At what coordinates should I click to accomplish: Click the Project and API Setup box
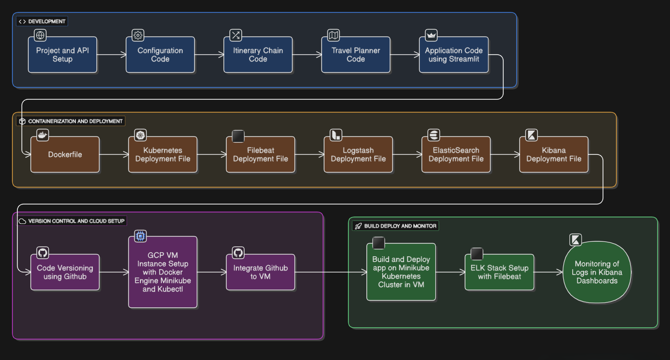tap(62, 55)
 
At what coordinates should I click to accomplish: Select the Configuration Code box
tap(160, 55)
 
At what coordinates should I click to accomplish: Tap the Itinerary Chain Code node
tap(258, 55)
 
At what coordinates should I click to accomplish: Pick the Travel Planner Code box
tap(355, 55)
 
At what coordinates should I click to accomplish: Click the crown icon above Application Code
tap(431, 35)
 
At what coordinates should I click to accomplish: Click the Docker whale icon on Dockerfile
tap(43, 135)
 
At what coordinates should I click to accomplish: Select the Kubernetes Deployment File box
tap(162, 154)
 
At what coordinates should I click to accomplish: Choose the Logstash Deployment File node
tap(358, 154)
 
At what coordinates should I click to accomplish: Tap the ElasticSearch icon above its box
tap(434, 135)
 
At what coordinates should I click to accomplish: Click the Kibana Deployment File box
tap(553, 154)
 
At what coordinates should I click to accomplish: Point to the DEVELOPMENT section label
tap(42, 21)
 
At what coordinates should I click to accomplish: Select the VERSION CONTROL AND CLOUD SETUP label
tap(72, 221)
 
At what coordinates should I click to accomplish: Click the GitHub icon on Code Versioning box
tap(43, 253)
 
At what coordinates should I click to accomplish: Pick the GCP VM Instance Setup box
tap(162, 272)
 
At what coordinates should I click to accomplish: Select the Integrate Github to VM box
tap(260, 272)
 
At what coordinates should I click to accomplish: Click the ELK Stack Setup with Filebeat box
tap(499, 272)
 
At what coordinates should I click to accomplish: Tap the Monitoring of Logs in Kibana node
tap(597, 272)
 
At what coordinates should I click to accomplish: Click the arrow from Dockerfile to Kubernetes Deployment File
tap(114, 155)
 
